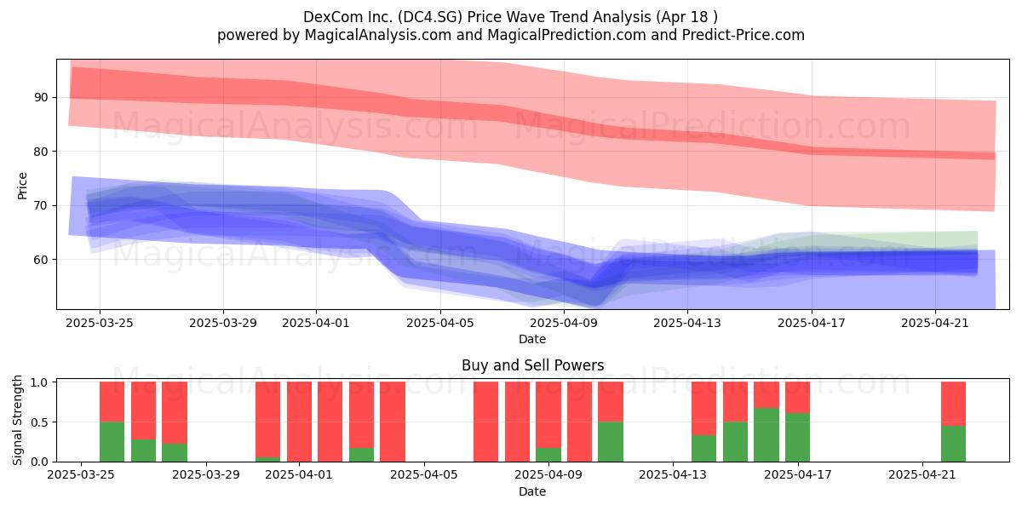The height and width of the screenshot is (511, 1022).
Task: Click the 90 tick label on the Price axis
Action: click(40, 98)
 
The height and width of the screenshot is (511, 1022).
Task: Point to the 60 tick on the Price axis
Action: click(40, 260)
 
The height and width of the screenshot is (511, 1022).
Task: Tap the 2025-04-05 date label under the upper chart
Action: click(440, 323)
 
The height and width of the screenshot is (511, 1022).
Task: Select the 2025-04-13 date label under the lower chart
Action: click(673, 475)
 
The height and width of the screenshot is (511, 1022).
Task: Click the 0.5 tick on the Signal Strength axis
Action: click(40, 422)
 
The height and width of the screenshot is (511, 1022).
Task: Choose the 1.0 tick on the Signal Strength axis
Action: click(40, 382)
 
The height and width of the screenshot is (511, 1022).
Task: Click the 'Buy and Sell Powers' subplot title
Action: click(532, 365)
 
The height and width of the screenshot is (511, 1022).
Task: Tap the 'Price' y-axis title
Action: click(22, 186)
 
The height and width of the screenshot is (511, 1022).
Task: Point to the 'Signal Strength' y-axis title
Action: click(17, 420)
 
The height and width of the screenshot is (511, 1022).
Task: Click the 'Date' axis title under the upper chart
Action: click(532, 339)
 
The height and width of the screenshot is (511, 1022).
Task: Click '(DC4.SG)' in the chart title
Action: click(430, 17)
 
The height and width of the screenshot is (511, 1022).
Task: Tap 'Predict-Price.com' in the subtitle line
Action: click(744, 35)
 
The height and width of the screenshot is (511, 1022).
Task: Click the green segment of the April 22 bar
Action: click(954, 444)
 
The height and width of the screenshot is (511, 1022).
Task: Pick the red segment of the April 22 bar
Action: click(954, 404)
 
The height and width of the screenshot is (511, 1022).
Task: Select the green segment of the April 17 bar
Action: click(797, 437)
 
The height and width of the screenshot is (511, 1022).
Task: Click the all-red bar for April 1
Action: click(299, 422)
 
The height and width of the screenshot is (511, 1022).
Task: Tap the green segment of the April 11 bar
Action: click(611, 442)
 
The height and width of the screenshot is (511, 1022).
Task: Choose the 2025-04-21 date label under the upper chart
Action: click(935, 323)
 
